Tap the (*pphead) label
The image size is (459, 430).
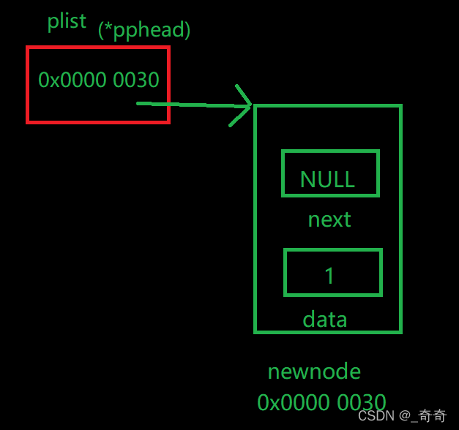144,31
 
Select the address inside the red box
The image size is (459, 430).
99,80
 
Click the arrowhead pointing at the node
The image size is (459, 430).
245,105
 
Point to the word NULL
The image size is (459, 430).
327,179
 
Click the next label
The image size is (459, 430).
329,219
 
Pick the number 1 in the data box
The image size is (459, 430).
329,275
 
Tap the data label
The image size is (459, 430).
324,319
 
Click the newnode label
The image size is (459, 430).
314,371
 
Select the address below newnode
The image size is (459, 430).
321,402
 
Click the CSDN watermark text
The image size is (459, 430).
376,415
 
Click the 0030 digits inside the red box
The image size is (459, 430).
136,80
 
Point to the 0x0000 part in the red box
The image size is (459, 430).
72,80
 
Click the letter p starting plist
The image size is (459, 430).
52,23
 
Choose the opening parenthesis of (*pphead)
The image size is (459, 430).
101,31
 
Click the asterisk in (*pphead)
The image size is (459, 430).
108,29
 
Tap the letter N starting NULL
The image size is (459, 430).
307,179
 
